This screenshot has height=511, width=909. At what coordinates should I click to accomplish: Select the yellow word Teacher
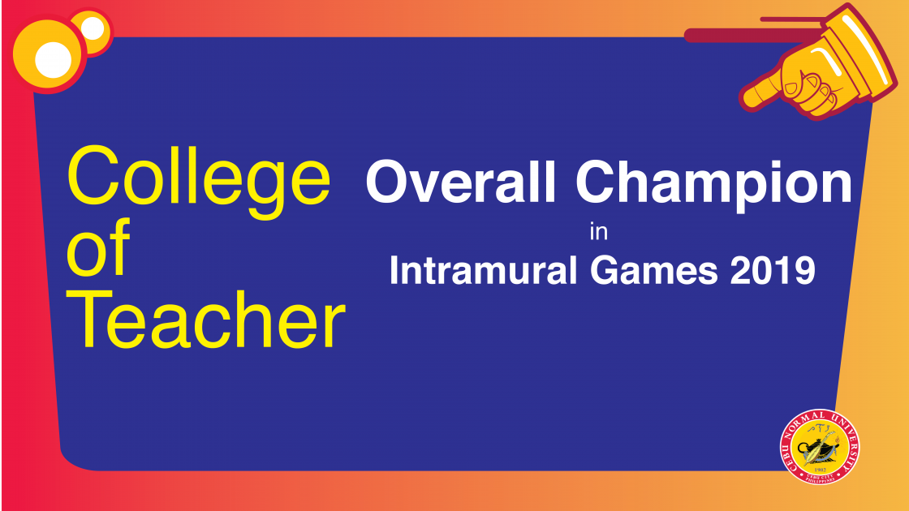207,320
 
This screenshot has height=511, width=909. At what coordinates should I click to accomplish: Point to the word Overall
461,182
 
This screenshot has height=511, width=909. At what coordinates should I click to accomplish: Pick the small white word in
599,232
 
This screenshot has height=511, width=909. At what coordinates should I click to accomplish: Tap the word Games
654,271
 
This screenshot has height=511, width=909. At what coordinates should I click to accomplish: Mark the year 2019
773,270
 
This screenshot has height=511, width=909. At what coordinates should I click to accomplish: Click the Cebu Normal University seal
820,446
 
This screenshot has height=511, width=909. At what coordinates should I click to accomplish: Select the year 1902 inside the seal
820,470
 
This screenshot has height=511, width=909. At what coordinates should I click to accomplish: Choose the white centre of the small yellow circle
93,28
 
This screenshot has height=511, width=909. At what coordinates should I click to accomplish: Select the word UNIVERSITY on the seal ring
847,440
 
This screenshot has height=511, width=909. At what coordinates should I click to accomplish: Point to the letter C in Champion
594,182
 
